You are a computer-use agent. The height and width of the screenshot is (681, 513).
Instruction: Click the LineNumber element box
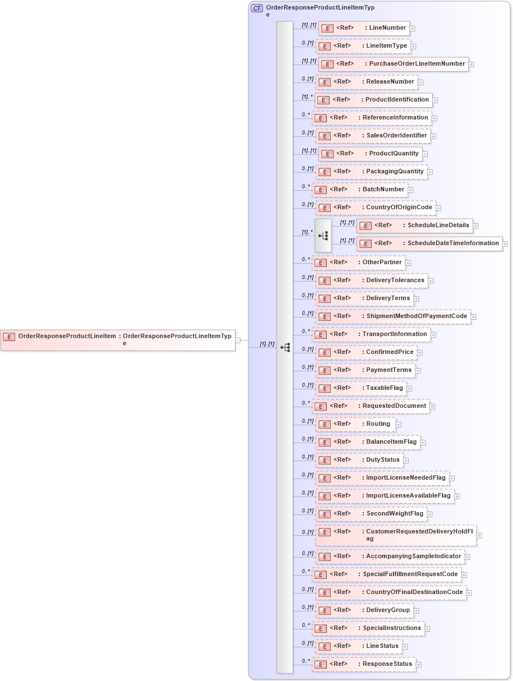[363, 28]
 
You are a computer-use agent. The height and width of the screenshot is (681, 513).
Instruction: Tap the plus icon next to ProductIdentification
[435, 100]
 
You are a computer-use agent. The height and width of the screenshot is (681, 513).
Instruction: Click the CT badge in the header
[257, 8]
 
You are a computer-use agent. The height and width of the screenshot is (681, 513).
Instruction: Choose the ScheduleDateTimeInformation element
[429, 243]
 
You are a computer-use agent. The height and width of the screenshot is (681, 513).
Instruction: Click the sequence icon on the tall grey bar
[285, 348]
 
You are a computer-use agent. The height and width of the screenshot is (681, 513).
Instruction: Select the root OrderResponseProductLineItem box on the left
[118, 339]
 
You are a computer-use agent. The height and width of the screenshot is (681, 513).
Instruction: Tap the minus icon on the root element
[238, 340]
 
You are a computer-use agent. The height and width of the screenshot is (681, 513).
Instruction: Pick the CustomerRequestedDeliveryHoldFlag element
[396, 535]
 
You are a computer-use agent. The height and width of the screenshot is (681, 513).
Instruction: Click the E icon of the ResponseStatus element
[320, 665]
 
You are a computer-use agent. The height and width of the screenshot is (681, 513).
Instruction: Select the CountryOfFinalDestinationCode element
[390, 592]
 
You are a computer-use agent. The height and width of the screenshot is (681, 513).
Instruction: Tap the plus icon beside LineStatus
[405, 647]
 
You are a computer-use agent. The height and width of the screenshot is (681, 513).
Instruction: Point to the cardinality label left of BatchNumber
[306, 187]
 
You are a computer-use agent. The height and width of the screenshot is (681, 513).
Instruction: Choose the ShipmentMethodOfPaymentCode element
[392, 316]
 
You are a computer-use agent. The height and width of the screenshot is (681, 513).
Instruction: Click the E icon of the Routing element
[324, 425]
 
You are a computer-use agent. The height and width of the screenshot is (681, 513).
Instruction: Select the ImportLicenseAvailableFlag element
[384, 496]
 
